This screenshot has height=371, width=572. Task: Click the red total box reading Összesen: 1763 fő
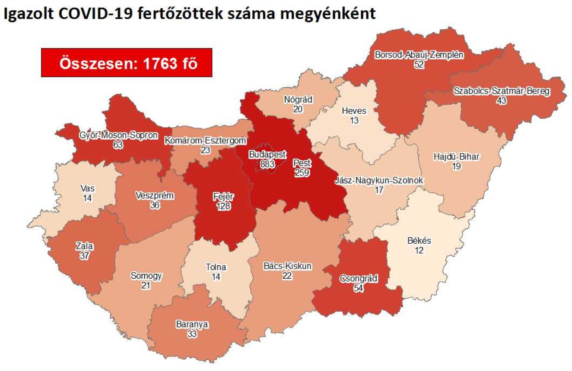[x=127, y=63]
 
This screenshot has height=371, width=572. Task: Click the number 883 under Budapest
[x=267, y=163]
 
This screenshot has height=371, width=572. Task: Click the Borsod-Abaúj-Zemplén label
[x=418, y=55]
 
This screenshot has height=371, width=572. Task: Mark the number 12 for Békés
[x=419, y=250]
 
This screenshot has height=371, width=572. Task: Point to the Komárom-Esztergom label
[x=206, y=141]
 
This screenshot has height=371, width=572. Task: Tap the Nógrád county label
[x=298, y=100]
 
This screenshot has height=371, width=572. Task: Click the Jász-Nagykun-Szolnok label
[x=379, y=181]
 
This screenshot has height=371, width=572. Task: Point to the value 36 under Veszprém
[x=154, y=205]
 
